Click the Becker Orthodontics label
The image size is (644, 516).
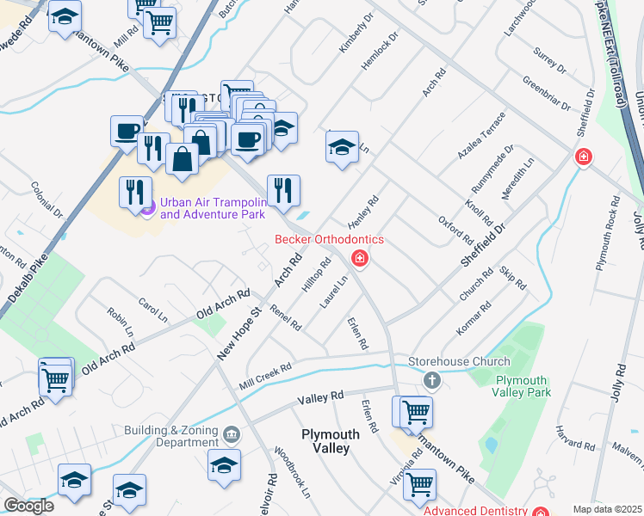point(329,239)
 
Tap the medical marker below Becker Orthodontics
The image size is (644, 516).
point(360,257)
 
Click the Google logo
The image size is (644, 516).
point(28,505)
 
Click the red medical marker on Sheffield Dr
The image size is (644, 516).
point(584,157)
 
